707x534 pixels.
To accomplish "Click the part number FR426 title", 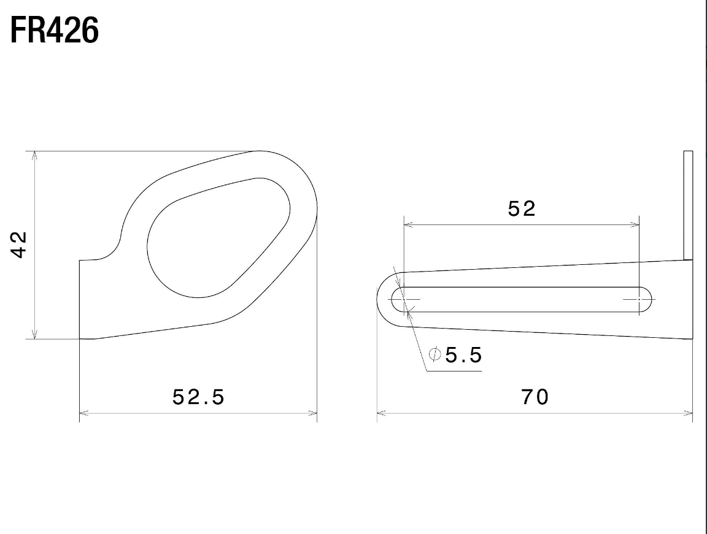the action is [x=54, y=31].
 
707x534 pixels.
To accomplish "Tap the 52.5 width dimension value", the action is [x=198, y=397].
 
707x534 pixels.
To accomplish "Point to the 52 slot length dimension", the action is [x=522, y=208].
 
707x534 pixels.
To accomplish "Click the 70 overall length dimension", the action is [x=535, y=397].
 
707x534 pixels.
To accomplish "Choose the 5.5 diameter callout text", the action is [x=463, y=355].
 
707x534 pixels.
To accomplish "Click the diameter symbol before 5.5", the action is [x=435, y=354].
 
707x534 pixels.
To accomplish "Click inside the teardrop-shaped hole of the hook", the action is [x=217, y=238].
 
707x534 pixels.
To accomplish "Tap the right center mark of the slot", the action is [x=639, y=299].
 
